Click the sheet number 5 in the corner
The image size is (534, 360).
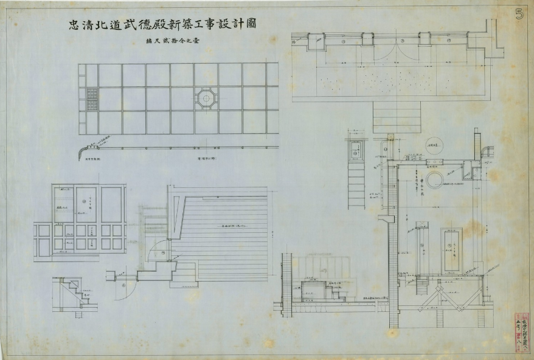pyautogui.click(x=519, y=13)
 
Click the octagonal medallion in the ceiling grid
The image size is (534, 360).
pyautogui.click(x=206, y=98)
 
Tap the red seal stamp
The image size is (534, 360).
pyautogui.click(x=521, y=331)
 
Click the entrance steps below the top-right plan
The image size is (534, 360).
pyautogui.click(x=397, y=116)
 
